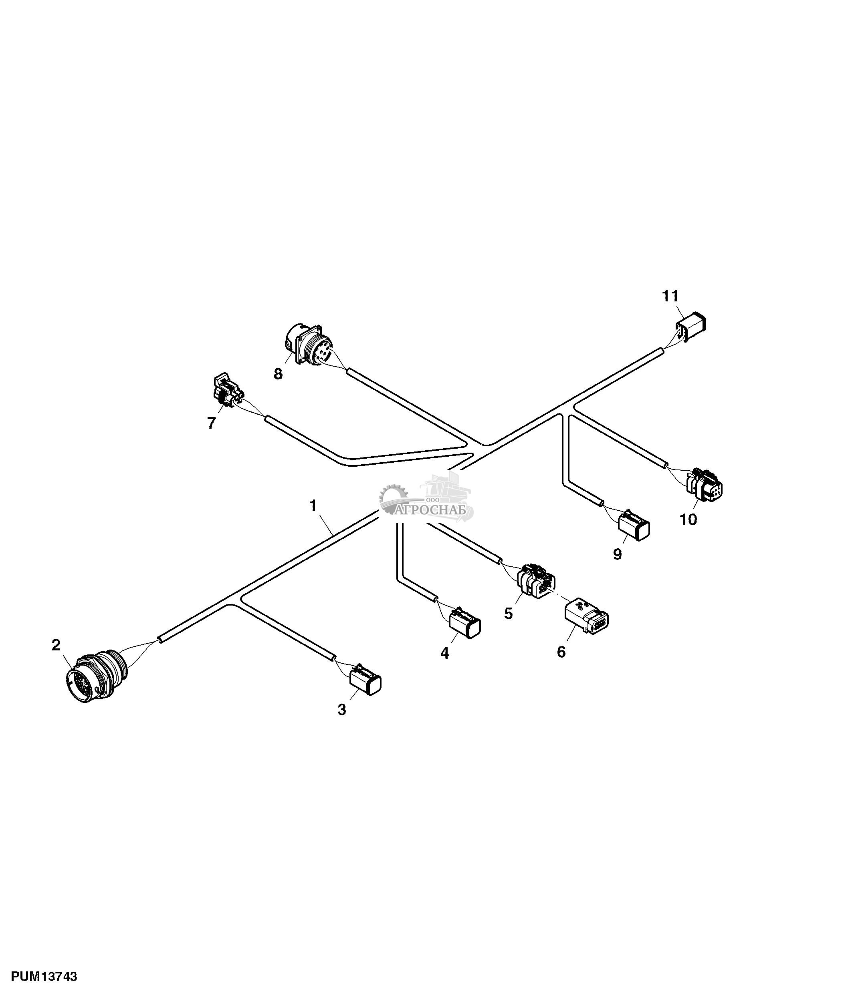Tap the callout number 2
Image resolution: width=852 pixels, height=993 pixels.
56,645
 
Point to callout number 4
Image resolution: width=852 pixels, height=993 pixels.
445,653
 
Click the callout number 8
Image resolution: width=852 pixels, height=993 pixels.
278,373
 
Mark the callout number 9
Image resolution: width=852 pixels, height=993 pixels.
618,554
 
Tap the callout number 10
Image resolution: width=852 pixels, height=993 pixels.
688,520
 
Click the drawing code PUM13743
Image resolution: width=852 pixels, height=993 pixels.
44,976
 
